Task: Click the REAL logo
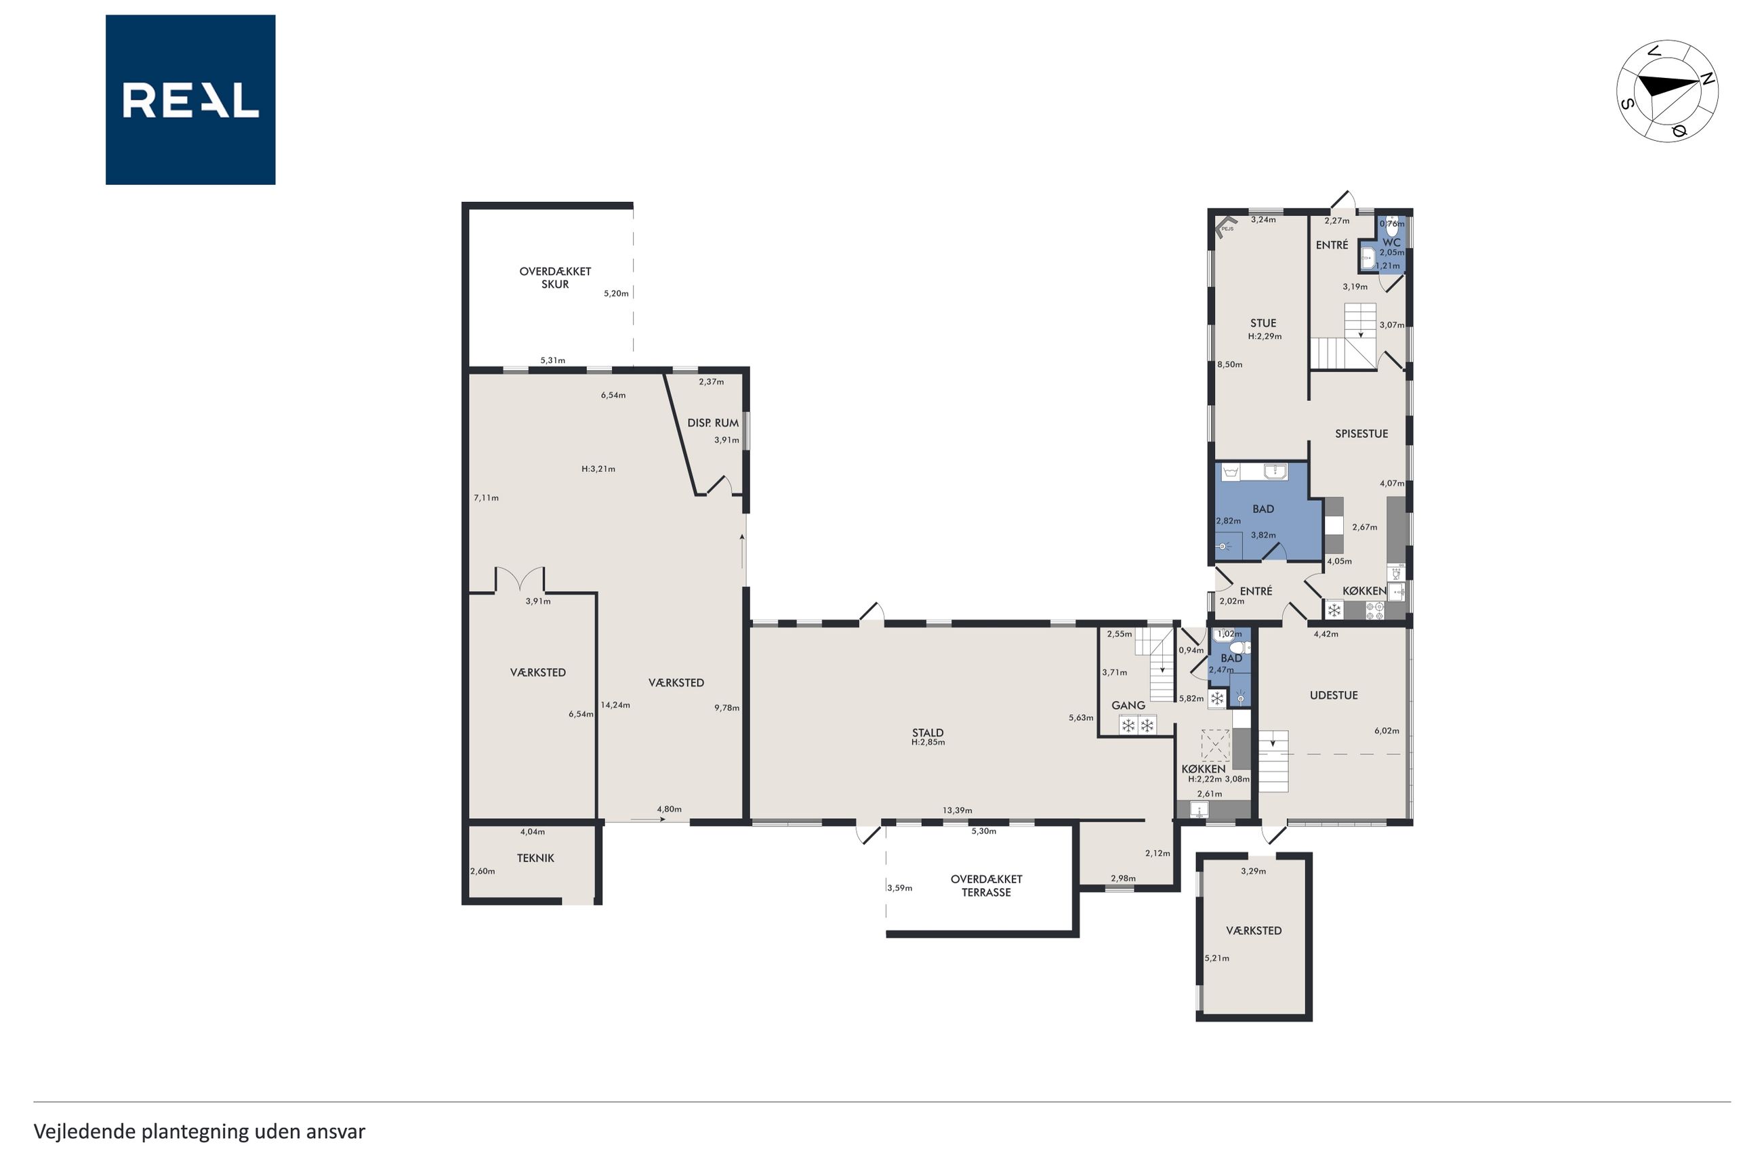[x=190, y=100]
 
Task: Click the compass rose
[x=1667, y=91]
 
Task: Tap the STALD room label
[x=928, y=733]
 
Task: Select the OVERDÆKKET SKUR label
[x=555, y=278]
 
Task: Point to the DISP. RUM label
[x=713, y=423]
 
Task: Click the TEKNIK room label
[x=535, y=858]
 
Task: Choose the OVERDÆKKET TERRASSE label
[x=986, y=885]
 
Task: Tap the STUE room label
[x=1263, y=323]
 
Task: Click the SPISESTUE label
[x=1361, y=434]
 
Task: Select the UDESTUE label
[x=1334, y=695]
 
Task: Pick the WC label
[x=1391, y=243]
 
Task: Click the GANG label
[x=1128, y=705]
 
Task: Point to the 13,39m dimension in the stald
[x=957, y=810]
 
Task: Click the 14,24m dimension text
[x=615, y=705]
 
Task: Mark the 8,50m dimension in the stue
[x=1229, y=364]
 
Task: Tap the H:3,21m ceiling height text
[x=598, y=469]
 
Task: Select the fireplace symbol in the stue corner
[x=1225, y=226]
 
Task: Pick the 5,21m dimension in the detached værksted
[x=1217, y=959]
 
